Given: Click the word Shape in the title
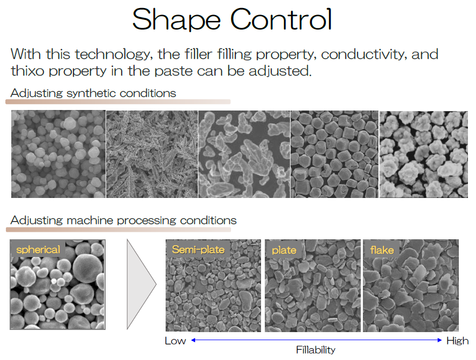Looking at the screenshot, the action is [176, 20].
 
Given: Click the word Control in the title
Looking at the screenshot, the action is [281, 19].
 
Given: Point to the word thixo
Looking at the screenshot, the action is [28, 71].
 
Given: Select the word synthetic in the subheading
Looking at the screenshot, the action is [91, 93].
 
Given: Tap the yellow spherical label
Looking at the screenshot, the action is [38, 249].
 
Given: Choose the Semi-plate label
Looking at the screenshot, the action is [198, 249].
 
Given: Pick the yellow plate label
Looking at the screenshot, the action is [284, 251].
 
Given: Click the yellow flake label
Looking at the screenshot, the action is [382, 250].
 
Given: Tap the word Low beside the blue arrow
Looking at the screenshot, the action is [175, 341].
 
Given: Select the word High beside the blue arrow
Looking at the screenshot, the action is [457, 341].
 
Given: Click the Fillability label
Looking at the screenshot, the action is [316, 350].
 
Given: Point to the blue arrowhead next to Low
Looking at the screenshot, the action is [194, 340].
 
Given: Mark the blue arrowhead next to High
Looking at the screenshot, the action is [440, 340].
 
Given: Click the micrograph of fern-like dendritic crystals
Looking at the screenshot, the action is [152, 154].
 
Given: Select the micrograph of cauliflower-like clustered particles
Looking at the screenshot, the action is [423, 155].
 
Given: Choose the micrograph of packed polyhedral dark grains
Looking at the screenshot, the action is [334, 154].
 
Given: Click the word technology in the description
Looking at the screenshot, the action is [113, 55].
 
